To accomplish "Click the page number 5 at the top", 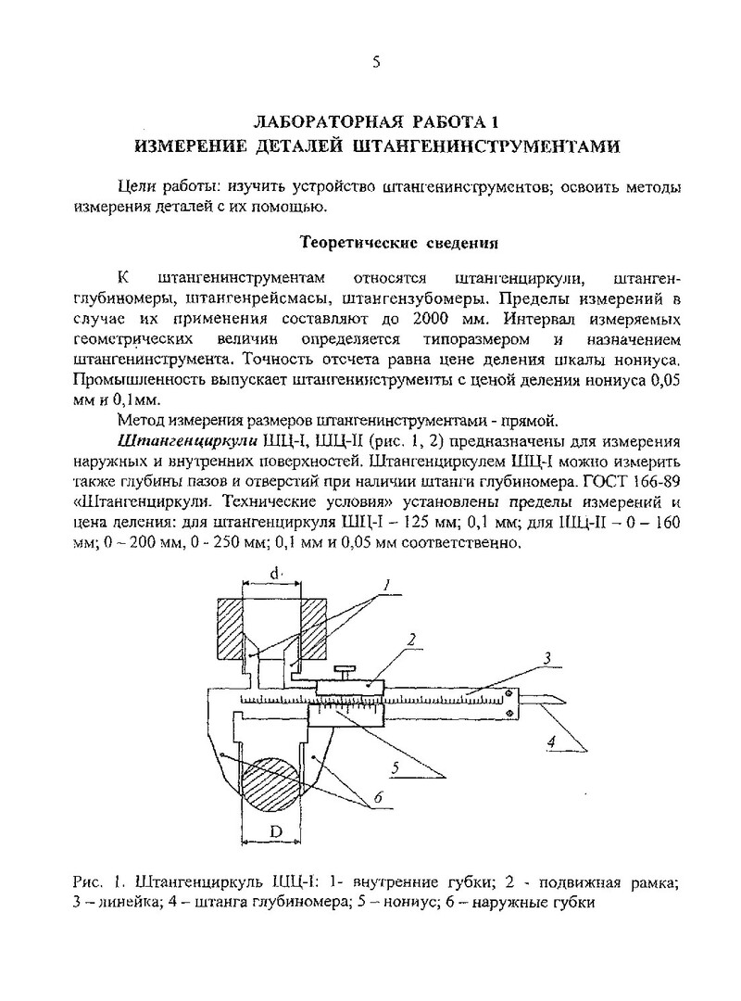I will tap(375, 62).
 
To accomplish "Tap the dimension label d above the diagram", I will tap(274, 575).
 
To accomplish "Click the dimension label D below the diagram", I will tap(275, 832).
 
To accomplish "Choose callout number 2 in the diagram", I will tap(410, 640).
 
